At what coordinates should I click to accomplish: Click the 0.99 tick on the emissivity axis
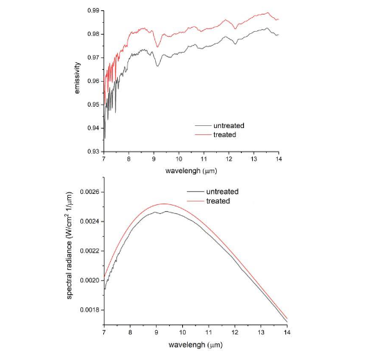[x=92, y=11]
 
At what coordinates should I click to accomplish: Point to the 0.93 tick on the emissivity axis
[x=92, y=151]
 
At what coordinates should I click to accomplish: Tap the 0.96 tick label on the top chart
[x=92, y=81]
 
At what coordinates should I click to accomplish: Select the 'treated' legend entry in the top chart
[x=224, y=134]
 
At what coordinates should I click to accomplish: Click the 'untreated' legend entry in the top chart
[x=228, y=125]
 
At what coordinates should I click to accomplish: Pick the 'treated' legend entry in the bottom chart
[x=218, y=200]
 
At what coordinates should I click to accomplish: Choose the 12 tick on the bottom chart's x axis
[x=236, y=333]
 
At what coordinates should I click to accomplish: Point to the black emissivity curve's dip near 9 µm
[x=158, y=66]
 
